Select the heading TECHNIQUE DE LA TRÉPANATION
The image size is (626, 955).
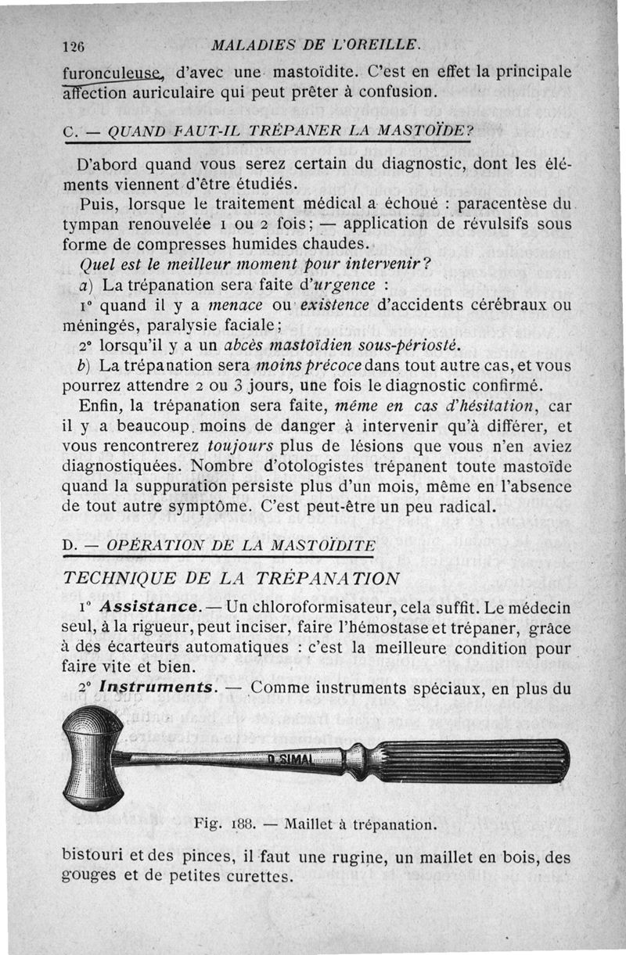click(x=231, y=578)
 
